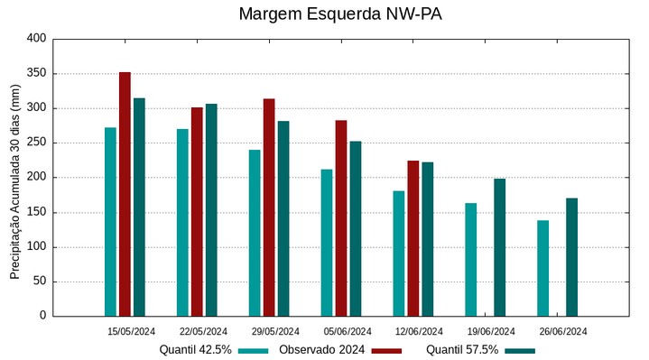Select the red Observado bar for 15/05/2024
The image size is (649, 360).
pos(125,194)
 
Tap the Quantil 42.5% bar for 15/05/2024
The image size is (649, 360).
pos(110,221)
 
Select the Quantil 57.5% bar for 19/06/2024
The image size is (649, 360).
pos(499,247)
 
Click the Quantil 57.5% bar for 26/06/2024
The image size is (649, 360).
pos(571,257)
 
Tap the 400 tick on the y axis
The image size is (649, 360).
pos(36,39)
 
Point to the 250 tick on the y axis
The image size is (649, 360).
pos(36,143)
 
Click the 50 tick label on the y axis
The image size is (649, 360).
pos(39,282)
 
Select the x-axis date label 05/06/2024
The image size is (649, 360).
pos(347,331)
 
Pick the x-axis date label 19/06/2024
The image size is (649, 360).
pos(491,331)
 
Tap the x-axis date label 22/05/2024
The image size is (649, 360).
pos(203,331)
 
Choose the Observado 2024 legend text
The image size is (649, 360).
pos(321,349)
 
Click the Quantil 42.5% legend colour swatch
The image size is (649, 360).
pos(254,350)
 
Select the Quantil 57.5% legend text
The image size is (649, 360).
pos(462,349)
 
